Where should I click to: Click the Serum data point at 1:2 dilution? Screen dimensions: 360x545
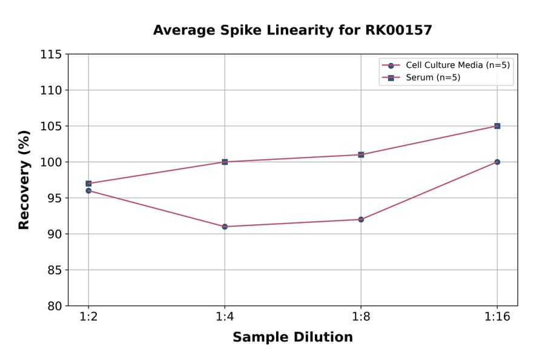[88, 184]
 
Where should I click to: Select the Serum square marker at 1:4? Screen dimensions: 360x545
[225, 162]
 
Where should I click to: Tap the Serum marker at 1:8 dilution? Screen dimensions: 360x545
[361, 155]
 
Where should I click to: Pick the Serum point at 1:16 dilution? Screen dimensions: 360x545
[497, 126]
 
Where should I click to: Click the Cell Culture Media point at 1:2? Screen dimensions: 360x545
[88, 190]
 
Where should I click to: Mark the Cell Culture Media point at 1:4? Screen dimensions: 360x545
[225, 227]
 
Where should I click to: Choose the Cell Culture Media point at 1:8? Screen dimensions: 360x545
[361, 219]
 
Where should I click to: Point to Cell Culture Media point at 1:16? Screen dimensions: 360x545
[497, 162]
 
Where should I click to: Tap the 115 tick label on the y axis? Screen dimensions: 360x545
[51, 55]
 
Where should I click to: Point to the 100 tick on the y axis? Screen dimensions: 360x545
[51, 162]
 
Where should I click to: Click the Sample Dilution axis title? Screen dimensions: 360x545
[292, 338]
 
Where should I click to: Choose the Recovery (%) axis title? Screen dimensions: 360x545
[24, 180]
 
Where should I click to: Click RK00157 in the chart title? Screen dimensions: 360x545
[394, 30]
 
